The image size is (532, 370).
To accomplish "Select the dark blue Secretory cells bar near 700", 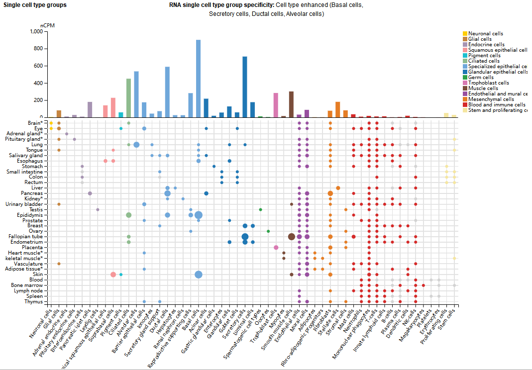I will pos(245,87).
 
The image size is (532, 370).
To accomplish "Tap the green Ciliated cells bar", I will pos(128,98).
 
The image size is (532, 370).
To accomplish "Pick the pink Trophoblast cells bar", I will pos(276,105).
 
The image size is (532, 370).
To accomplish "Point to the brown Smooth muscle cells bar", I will pos(291,104).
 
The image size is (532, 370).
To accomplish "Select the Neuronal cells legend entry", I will pos(485,34).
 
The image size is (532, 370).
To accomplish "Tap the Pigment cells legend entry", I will pos(485,56).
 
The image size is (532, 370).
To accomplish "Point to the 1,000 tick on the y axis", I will pos(36,31).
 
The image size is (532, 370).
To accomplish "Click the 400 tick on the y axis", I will pos(38,83).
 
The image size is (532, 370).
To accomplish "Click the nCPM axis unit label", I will pos(47,25).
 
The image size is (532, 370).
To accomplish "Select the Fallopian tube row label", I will pos(26,237).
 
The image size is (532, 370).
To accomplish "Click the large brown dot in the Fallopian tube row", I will pos(291,237).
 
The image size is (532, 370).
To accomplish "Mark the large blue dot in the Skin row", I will pos(198,275).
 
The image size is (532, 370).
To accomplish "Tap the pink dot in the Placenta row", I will pos(276,247).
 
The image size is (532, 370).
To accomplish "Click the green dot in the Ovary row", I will pos(268,231).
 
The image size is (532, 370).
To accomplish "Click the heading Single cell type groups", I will pos(35,5).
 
